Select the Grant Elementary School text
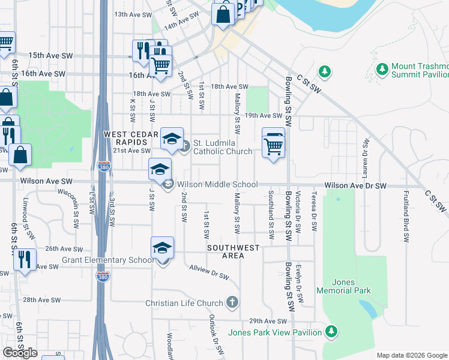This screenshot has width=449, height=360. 107,260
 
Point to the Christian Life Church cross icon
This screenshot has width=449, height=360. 234,303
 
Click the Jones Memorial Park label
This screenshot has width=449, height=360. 352,287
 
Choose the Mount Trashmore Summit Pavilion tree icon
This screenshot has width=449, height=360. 382,70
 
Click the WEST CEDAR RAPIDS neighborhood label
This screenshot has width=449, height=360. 125,138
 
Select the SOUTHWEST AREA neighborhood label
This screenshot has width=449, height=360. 234,251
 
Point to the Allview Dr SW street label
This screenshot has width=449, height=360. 209,272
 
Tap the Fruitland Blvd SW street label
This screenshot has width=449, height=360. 406,216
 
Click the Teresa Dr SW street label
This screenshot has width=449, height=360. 314,211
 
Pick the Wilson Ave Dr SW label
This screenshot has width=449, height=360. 355,187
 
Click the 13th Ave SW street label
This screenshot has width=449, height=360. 130,14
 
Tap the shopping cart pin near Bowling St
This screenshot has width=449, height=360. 273,144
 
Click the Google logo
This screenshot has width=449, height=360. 20,353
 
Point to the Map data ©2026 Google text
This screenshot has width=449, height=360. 412,355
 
